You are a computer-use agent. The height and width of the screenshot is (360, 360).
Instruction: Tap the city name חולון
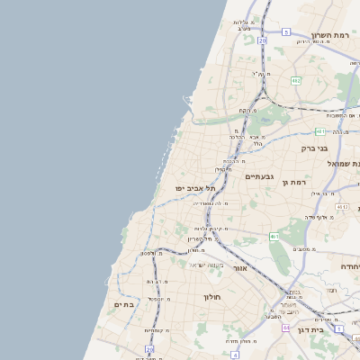[x=212, y=296]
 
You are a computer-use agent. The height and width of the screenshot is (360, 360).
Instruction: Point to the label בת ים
[x=124, y=305]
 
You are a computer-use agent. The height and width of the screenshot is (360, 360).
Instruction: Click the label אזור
[x=239, y=268]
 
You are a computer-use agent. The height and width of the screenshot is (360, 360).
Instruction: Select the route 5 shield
[x=286, y=31]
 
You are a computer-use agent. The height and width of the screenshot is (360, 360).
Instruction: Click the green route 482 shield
[x=296, y=81]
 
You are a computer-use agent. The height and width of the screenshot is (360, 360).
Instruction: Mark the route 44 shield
[x=286, y=328]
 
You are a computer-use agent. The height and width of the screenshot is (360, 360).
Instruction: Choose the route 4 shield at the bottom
[x=234, y=355]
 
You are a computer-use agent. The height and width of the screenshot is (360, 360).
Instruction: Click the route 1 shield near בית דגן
[x=339, y=328]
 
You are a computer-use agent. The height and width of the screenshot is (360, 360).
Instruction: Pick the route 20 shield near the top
[x=262, y=40]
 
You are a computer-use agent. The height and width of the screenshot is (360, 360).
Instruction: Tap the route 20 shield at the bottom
[x=149, y=348]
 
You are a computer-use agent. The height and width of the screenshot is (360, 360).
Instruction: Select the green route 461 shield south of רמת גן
[x=274, y=237]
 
